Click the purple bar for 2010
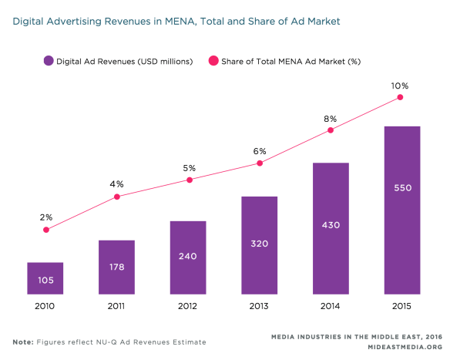tap(45, 278)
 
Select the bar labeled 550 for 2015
tap(401, 210)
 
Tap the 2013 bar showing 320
tap(259, 245)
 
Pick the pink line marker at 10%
tap(401, 98)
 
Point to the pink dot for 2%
tap(45, 230)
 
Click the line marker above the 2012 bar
tap(188, 180)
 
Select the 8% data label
tap(331, 118)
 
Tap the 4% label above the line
tap(116, 184)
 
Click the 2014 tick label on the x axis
tap(331, 306)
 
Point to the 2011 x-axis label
tap(116, 306)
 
